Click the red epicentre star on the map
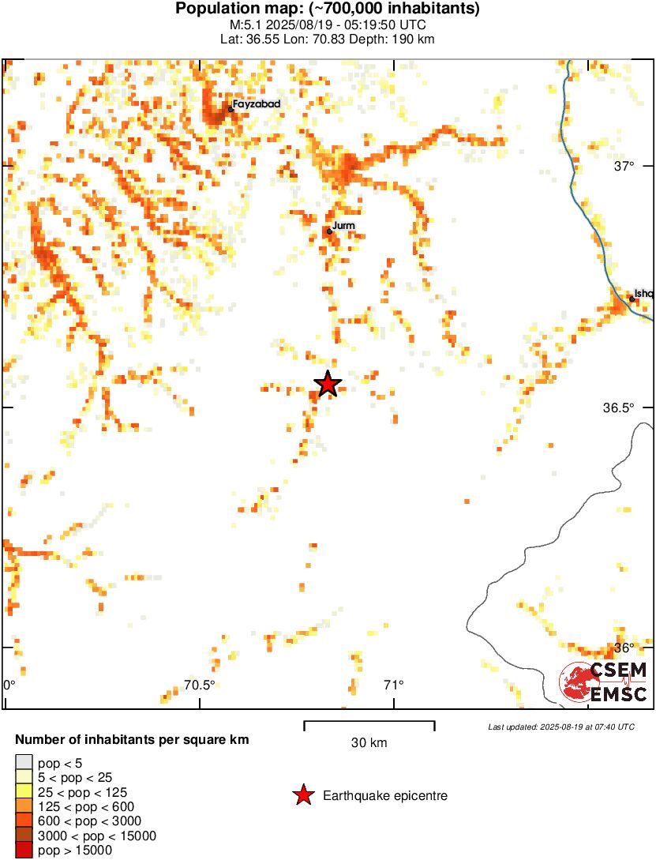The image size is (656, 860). (328, 384)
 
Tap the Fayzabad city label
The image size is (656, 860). (257, 103)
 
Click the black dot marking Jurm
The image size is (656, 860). (329, 231)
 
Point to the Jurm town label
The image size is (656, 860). (344, 226)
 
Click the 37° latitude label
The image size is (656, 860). (624, 166)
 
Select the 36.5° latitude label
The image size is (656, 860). (619, 407)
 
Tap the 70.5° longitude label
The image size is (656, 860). (199, 685)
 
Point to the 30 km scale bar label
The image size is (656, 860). (369, 743)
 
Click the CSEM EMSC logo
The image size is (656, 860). (604, 682)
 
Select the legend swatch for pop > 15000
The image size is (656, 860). (24, 851)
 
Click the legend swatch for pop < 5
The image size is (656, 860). (24, 762)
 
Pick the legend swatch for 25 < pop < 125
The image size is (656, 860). (24, 791)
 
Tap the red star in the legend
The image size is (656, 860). (303, 796)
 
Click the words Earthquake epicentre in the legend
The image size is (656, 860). (385, 796)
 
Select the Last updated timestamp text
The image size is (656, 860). (560, 727)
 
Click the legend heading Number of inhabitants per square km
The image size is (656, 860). (133, 740)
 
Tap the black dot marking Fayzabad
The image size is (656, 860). (231, 109)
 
